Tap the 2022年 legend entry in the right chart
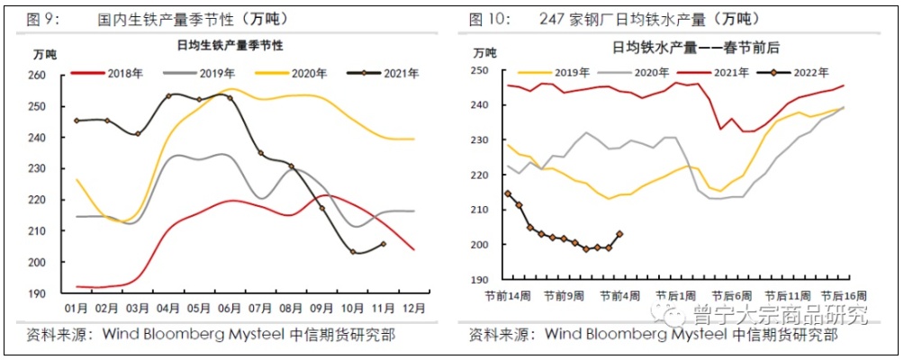(x=807, y=72)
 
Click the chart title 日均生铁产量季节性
(x=229, y=45)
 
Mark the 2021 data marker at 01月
(x=77, y=120)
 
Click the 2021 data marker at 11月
(x=383, y=244)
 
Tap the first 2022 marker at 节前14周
(x=508, y=193)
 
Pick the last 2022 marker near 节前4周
(x=619, y=234)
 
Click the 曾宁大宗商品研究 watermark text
(x=779, y=315)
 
